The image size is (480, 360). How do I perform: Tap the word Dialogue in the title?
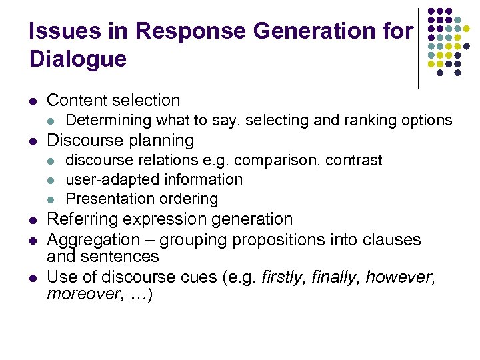pyautogui.click(x=78, y=59)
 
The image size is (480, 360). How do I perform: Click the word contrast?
pyautogui.click(x=355, y=160)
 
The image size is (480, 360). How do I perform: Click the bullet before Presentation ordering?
pyautogui.click(x=51, y=199)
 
